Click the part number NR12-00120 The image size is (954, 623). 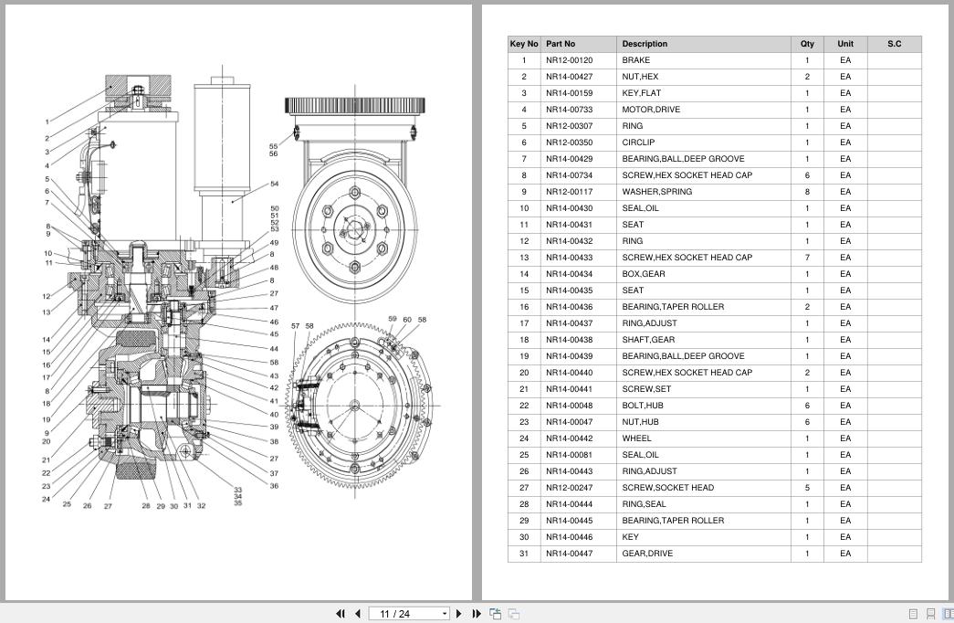[x=569, y=60]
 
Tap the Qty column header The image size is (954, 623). [x=807, y=44]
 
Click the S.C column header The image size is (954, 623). [x=894, y=44]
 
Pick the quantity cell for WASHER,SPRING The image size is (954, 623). [x=807, y=192]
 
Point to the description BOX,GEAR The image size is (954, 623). [x=643, y=274]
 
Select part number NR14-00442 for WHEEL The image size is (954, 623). [x=569, y=438]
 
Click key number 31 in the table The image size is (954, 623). [x=524, y=554]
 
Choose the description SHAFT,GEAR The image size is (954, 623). [x=648, y=340]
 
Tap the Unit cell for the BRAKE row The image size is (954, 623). [x=845, y=60]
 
